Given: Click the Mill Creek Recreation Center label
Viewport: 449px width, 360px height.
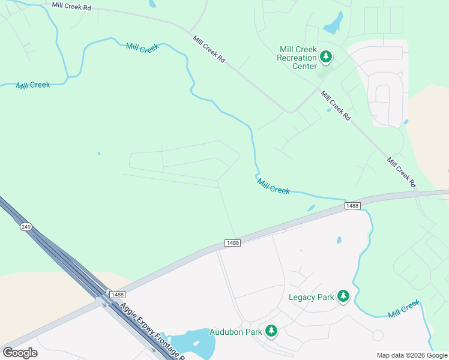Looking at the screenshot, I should (x=297, y=58).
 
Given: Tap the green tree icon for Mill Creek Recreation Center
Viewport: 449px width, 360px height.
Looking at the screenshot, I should (x=326, y=57).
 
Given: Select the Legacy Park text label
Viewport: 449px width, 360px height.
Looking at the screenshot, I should (x=311, y=297).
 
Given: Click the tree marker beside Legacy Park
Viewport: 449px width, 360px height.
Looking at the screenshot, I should (x=343, y=295).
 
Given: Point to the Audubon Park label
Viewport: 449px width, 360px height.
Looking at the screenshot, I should (x=235, y=332).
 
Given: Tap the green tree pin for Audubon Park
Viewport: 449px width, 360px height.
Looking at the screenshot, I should (x=271, y=330).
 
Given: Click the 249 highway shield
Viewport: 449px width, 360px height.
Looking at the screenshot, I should (x=25, y=227).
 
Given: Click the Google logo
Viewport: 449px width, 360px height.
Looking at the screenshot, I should (x=20, y=353).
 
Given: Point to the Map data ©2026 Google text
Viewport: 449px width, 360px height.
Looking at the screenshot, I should (x=411, y=355).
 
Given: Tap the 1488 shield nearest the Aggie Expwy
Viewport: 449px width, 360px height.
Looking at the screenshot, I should (x=117, y=293).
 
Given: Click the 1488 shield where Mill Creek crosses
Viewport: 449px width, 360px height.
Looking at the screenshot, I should (x=352, y=206).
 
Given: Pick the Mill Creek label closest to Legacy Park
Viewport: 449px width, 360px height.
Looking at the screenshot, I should (x=403, y=310).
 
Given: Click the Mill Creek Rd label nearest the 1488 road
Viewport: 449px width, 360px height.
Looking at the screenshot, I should (x=401, y=172).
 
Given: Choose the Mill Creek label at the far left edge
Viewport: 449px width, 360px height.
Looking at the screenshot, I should (x=33, y=85).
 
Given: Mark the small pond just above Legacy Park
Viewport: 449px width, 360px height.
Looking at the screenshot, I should (x=339, y=240).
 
